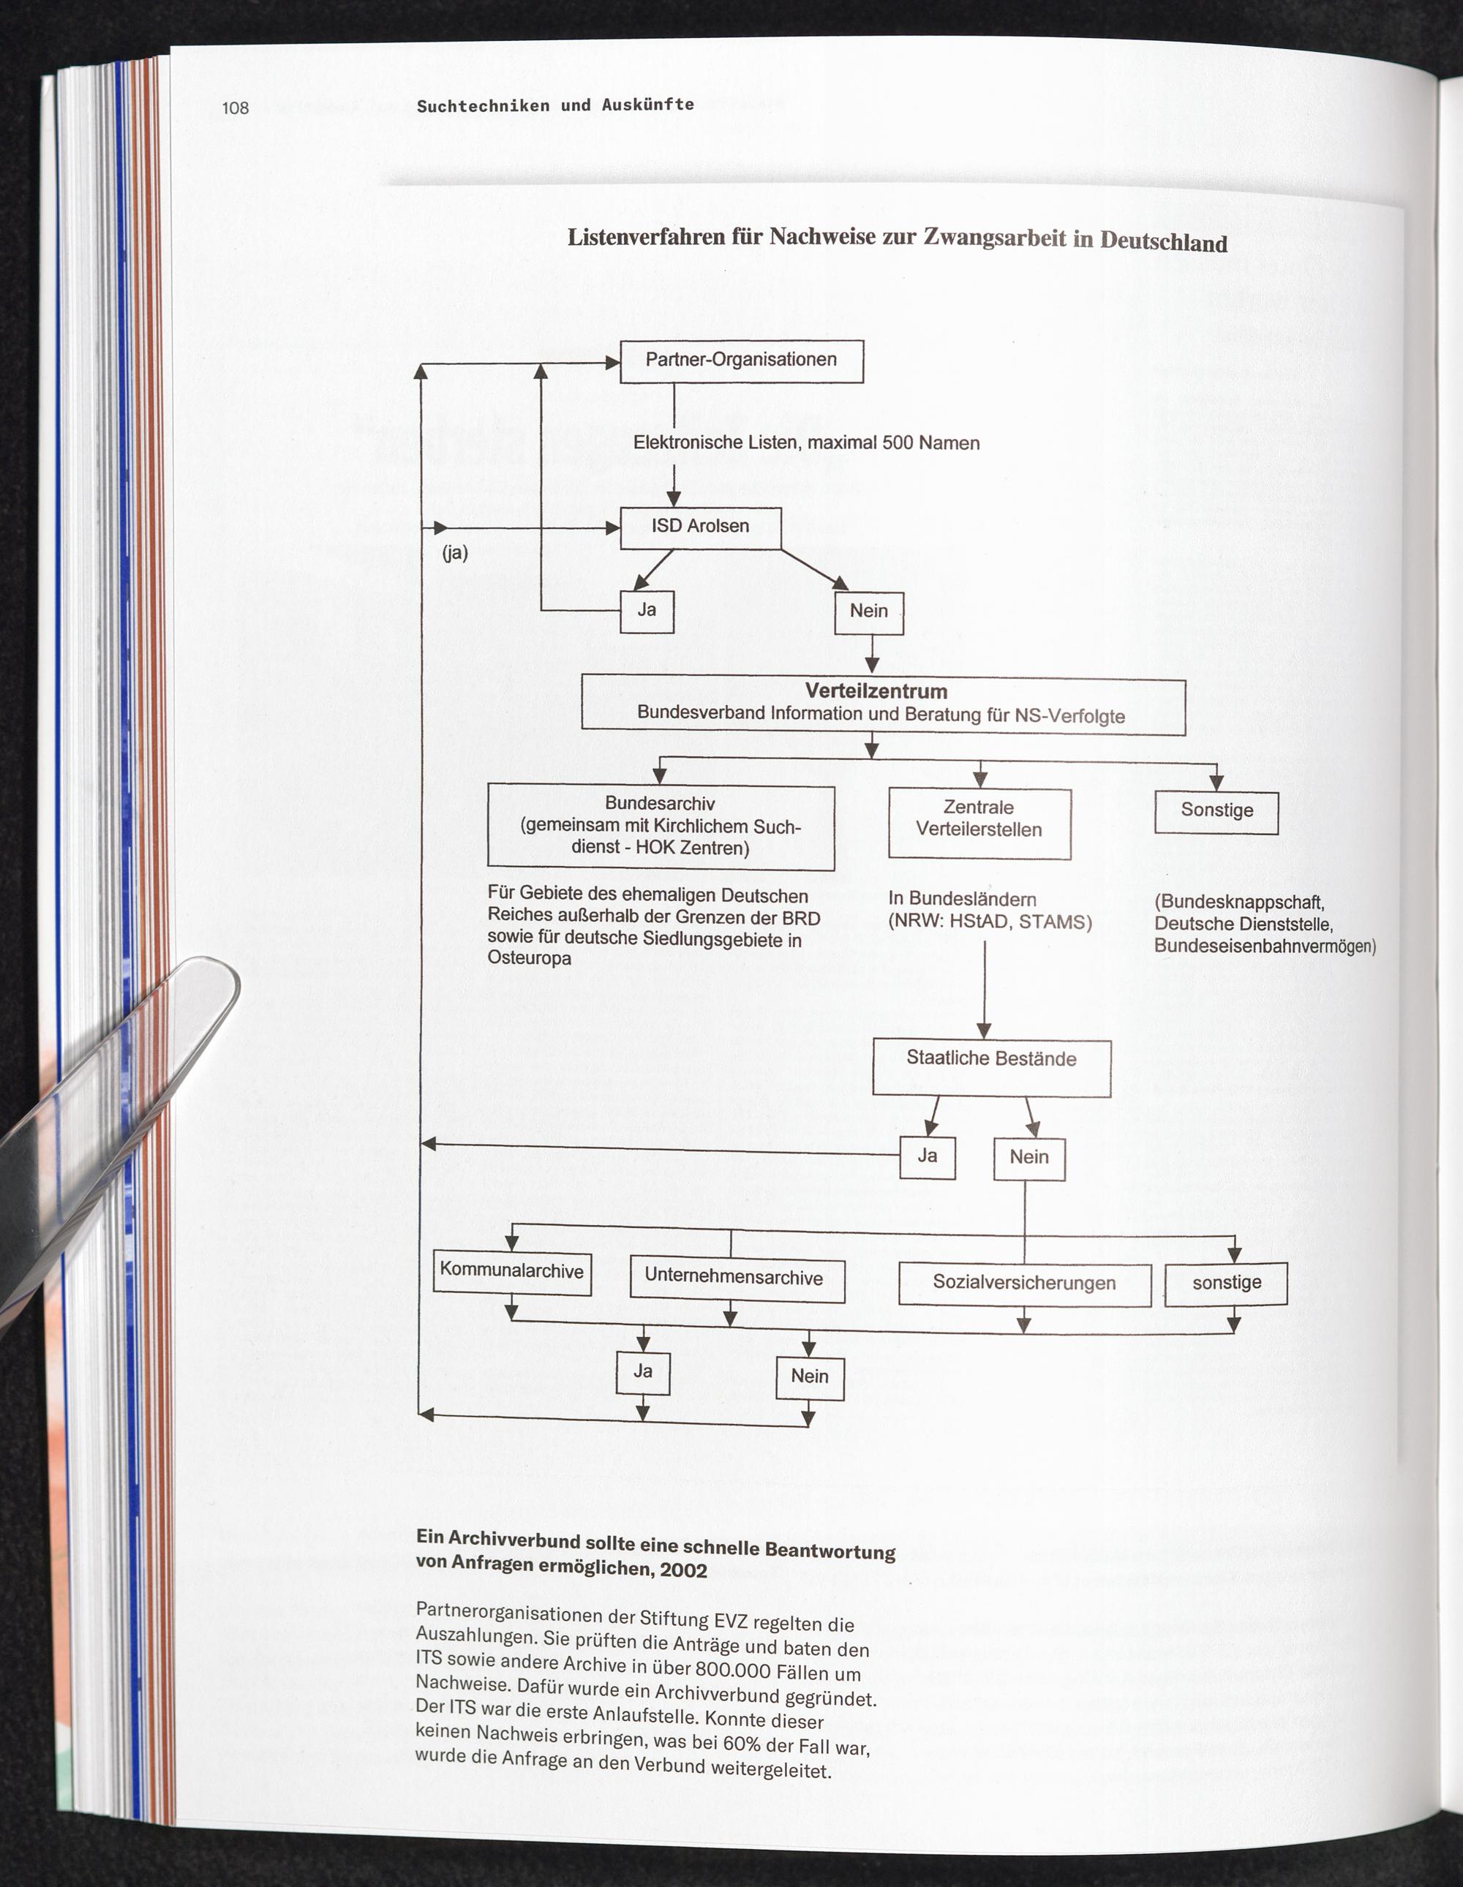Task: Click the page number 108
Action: coord(235,108)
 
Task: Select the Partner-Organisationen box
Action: coord(742,361)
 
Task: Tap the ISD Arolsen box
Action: coord(700,527)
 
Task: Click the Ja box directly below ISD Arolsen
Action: coord(647,611)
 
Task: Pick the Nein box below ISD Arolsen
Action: coord(868,613)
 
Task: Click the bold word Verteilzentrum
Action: coord(876,691)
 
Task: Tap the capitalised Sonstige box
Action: coord(1216,811)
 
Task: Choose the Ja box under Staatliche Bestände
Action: coord(928,1157)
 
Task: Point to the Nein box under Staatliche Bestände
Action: coord(1028,1159)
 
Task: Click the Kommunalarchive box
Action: coord(511,1271)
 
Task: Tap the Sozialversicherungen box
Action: coord(1024,1284)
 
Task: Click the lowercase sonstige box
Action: coord(1225,1283)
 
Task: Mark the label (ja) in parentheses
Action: coord(454,554)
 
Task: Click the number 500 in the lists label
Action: coord(898,443)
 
